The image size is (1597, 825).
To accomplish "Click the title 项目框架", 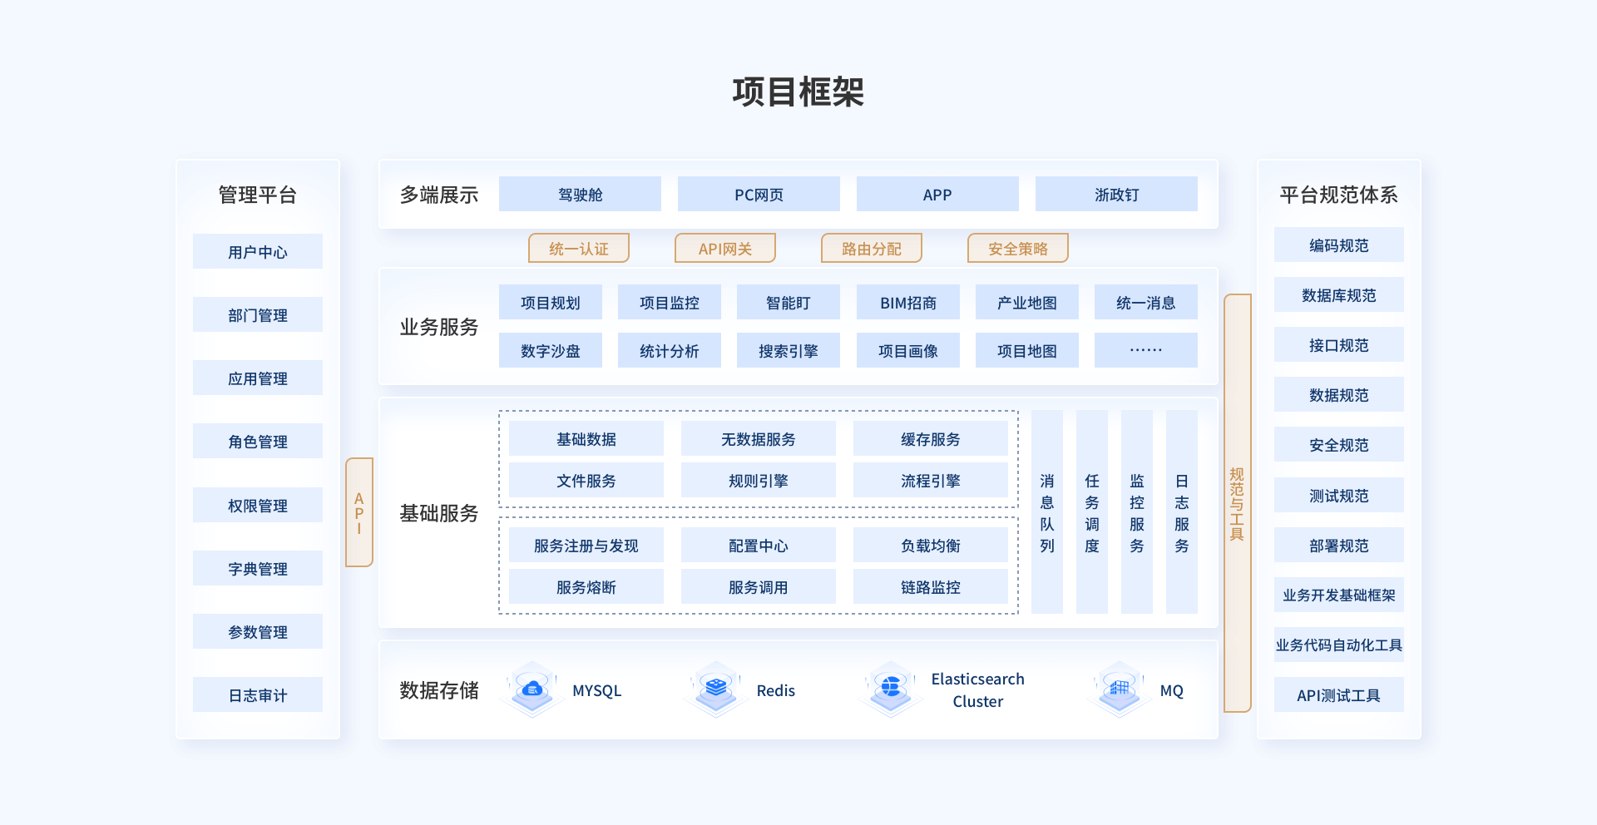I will [798, 92].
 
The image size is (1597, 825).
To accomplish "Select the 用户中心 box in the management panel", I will [258, 252].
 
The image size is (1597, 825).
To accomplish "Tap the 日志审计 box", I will [258, 695].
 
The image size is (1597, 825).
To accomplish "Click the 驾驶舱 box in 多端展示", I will [580, 195].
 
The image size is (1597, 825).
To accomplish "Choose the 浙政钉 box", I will [1116, 195].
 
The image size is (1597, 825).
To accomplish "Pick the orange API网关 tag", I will [724, 249].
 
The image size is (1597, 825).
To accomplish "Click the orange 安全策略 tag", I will [1017, 249].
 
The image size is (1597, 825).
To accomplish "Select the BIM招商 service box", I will [907, 303].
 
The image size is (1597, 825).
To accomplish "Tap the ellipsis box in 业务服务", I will [1145, 350].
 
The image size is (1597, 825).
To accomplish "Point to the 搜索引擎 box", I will [788, 351].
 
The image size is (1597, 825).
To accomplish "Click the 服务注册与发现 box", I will [586, 546].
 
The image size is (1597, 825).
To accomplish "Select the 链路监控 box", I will [930, 587].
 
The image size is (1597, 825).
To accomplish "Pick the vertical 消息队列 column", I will [1047, 512].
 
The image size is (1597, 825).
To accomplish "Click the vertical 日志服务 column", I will [1181, 512].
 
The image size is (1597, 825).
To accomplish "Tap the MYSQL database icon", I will [532, 689].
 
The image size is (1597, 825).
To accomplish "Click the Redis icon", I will [715, 689].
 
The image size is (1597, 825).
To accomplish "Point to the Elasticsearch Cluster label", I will [977, 690].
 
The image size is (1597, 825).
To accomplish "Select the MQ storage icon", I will [1120, 689].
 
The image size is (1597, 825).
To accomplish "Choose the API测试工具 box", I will [1338, 695].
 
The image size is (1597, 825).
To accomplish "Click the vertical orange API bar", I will [359, 512].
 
